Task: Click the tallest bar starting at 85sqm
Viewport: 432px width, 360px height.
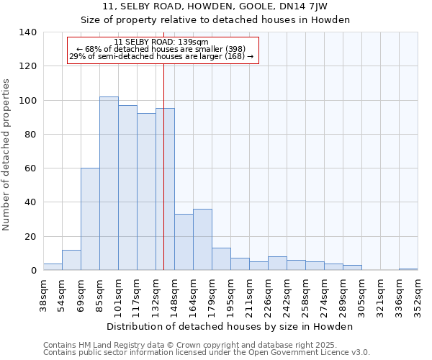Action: click(109, 184)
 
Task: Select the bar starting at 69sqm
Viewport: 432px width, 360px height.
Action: click(90, 219)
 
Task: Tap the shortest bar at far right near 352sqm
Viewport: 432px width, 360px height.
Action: click(408, 269)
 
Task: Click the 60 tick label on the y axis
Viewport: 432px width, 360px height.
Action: click(30, 168)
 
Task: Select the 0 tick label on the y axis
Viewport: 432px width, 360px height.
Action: click(33, 271)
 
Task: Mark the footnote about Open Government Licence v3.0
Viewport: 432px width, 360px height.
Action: click(207, 353)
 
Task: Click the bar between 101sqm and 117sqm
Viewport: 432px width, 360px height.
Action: click(127, 188)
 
